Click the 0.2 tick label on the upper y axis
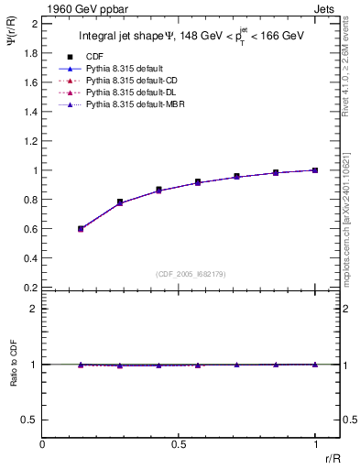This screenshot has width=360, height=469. point(30,288)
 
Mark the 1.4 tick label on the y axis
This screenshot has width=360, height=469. point(30,112)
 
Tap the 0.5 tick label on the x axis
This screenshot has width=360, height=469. point(179,443)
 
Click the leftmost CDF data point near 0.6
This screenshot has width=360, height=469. point(81,228)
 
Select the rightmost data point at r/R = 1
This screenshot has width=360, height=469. point(315,170)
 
